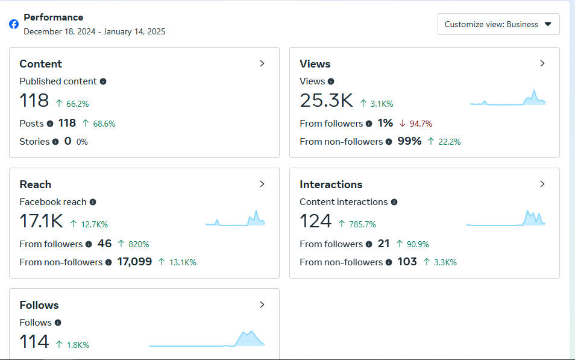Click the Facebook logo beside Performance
(x=14, y=24)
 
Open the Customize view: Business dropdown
(x=498, y=24)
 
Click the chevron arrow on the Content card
(x=262, y=63)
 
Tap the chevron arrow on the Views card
(x=542, y=63)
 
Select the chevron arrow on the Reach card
(x=262, y=184)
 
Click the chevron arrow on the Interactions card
(x=542, y=184)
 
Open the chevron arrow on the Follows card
(x=262, y=305)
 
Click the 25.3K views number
(x=326, y=101)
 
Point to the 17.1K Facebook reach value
(x=41, y=221)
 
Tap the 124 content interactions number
(x=315, y=221)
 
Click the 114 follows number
(x=34, y=342)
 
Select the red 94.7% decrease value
(x=421, y=124)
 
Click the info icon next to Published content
(x=103, y=81)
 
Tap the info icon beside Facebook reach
(x=93, y=202)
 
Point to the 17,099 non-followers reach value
(x=134, y=262)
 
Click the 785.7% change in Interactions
(x=362, y=224)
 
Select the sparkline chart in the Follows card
(x=207, y=339)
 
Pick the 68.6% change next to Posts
(x=104, y=124)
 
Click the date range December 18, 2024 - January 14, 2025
(x=94, y=31)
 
